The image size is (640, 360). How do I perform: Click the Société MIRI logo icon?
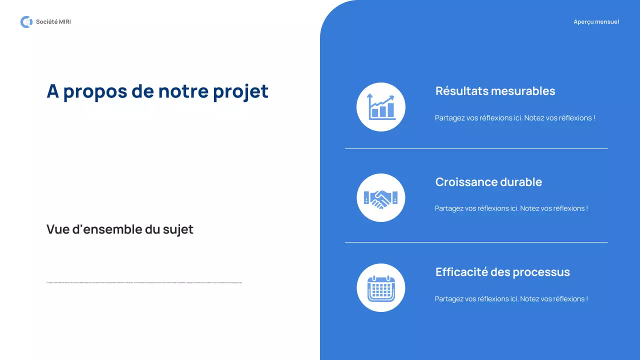[x=26, y=22]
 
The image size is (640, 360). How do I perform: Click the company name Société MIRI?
[x=53, y=22]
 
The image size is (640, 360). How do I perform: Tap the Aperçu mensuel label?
[x=596, y=22]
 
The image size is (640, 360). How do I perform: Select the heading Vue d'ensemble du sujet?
[x=120, y=229]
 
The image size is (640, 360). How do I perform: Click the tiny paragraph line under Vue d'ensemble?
[x=144, y=282]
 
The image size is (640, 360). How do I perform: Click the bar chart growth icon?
[x=381, y=107]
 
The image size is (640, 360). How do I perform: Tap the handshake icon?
[x=381, y=198]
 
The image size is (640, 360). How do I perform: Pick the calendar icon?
[x=381, y=288]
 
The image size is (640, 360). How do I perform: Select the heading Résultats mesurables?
[x=495, y=91]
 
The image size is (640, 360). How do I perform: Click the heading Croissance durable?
[x=488, y=182]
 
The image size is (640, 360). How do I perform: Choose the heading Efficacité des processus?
[x=502, y=272]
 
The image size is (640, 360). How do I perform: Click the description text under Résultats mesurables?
[x=515, y=118]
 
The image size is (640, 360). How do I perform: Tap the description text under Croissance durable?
[x=511, y=208]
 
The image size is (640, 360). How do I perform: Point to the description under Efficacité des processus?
[x=511, y=299]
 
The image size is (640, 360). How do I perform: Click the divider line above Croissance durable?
[x=476, y=148]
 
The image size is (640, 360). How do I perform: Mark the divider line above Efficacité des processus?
[x=476, y=242]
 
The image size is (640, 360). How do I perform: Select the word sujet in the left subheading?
[x=178, y=229]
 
